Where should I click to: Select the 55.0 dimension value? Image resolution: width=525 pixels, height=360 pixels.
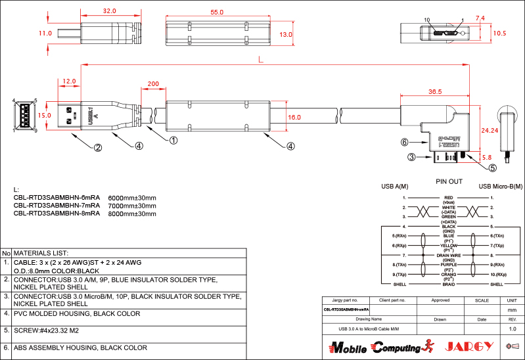pyautogui.click(x=217, y=12)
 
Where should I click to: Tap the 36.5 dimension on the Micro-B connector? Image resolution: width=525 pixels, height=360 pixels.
pyautogui.click(x=434, y=92)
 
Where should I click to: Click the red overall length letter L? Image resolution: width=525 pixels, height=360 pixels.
pyautogui.click(x=262, y=60)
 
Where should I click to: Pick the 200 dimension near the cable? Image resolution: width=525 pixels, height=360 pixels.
pyautogui.click(x=152, y=84)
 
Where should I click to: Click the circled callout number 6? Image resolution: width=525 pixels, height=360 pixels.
pyautogui.click(x=405, y=141)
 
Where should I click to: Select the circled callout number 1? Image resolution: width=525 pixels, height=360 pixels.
pyautogui.click(x=173, y=140)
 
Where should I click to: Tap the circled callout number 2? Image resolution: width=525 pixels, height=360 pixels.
pyautogui.click(x=98, y=147)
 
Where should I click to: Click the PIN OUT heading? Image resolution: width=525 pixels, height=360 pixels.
pyautogui.click(x=449, y=181)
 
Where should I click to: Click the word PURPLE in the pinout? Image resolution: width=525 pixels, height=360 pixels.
pyautogui.click(x=449, y=264)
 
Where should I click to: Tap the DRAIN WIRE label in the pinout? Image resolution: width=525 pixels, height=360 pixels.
pyautogui.click(x=449, y=255)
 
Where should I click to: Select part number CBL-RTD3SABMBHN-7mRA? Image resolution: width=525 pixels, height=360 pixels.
pyautogui.click(x=57, y=205)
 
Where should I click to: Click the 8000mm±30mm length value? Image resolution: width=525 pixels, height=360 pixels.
pyautogui.click(x=132, y=214)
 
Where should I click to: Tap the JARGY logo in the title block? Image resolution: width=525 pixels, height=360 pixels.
pyautogui.click(x=469, y=346)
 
